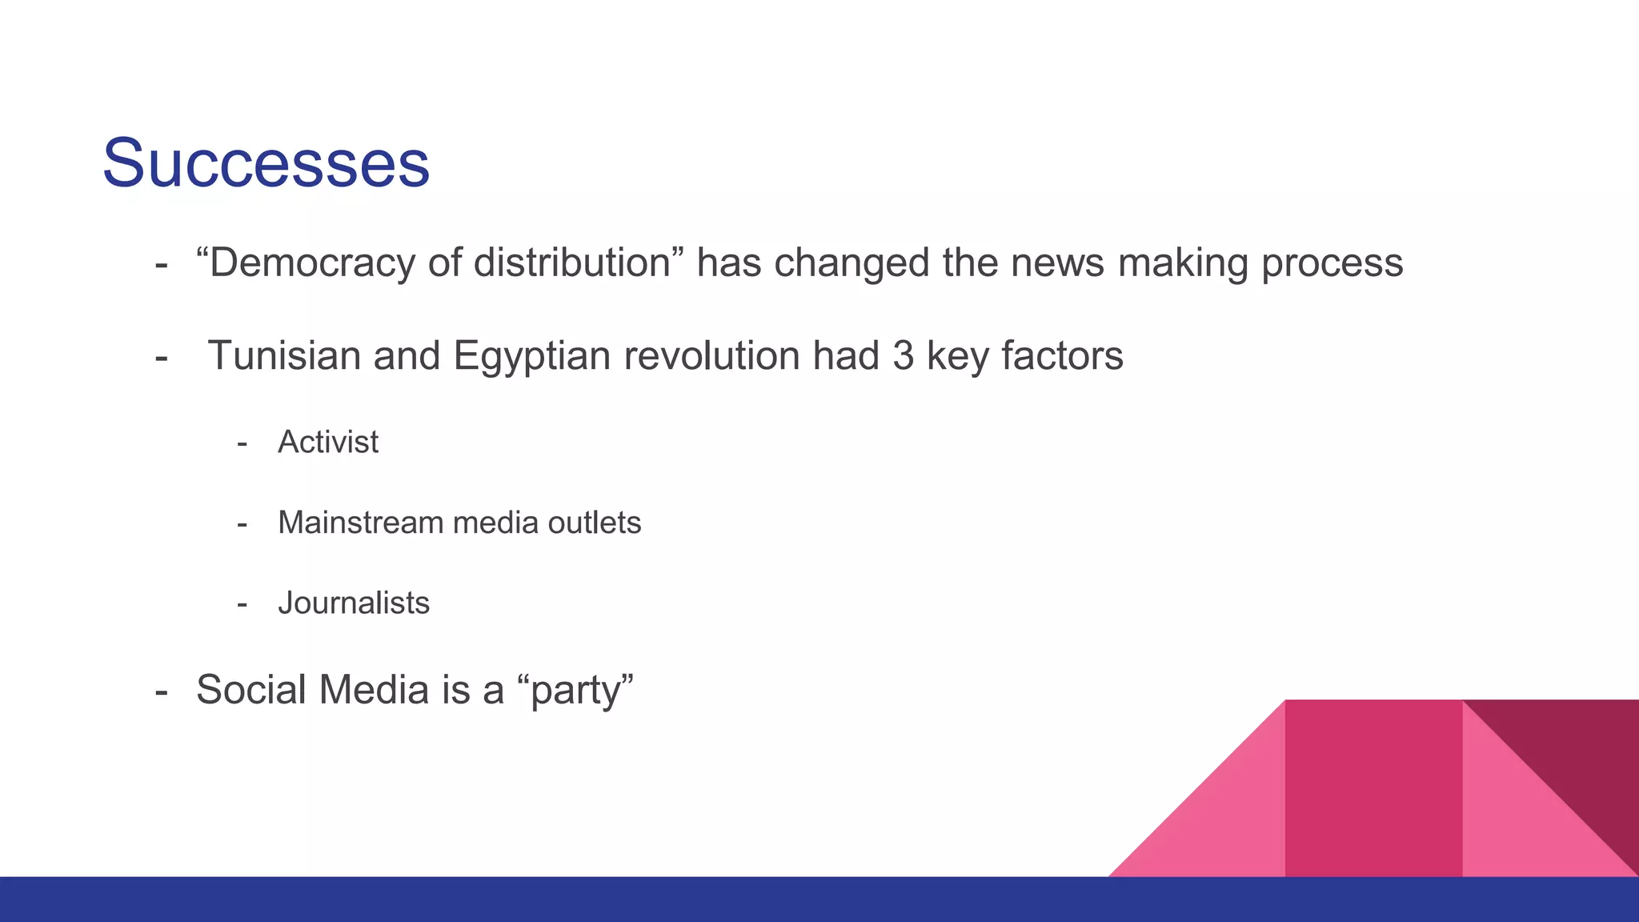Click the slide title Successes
(x=266, y=163)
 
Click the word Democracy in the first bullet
(x=311, y=263)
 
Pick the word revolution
(x=711, y=355)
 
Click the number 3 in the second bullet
(x=904, y=355)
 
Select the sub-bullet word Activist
(x=328, y=442)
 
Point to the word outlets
(x=595, y=523)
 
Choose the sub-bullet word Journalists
(x=354, y=603)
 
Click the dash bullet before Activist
(x=242, y=443)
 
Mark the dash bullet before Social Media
(x=161, y=690)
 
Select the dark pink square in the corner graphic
(x=1373, y=788)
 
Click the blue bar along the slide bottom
(x=819, y=900)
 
